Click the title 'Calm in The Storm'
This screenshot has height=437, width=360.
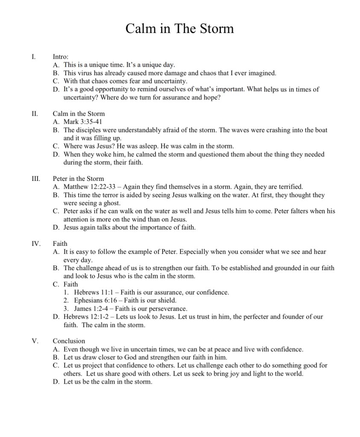coord(180,29)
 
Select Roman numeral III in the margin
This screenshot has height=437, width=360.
coord(35,178)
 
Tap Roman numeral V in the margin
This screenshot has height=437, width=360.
coord(35,341)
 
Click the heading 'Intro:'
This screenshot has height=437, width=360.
coord(60,56)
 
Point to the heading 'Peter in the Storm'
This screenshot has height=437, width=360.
coord(78,178)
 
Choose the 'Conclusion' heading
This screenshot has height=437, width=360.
coord(69,341)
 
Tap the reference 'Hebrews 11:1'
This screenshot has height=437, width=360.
coord(93,292)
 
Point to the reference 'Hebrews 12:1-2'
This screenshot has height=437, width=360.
coord(87,317)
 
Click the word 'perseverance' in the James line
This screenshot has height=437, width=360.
coord(168,309)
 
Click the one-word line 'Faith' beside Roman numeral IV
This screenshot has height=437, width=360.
coord(60,244)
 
